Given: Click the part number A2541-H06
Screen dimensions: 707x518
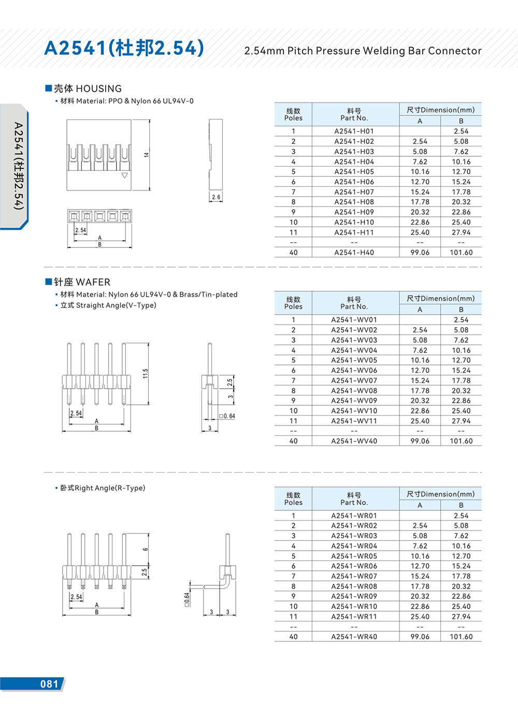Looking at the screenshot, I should pyautogui.click(x=354, y=182).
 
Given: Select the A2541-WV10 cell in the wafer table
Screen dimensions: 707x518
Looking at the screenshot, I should pyautogui.click(x=354, y=411).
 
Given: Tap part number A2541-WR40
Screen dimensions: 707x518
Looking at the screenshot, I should pyautogui.click(x=354, y=637).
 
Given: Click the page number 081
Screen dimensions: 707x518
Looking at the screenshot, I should pyautogui.click(x=49, y=684).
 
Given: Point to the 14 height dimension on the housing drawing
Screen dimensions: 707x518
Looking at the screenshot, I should pyautogui.click(x=147, y=155).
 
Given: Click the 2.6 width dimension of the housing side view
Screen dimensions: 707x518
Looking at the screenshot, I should pyautogui.click(x=216, y=197).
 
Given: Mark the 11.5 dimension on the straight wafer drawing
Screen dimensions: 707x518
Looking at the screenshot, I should pyautogui.click(x=146, y=373).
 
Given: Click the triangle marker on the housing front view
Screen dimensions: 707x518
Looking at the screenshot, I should pyautogui.click(x=124, y=176).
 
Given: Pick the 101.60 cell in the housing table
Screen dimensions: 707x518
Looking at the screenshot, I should pyautogui.click(x=461, y=253).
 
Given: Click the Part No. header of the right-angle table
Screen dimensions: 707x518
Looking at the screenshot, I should pyautogui.click(x=354, y=503).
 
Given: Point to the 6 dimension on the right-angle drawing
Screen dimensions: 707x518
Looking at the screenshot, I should pyautogui.click(x=146, y=549).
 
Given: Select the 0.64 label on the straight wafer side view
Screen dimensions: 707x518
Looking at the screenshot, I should pyautogui.click(x=229, y=416).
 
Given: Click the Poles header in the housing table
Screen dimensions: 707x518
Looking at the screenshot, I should pyautogui.click(x=293, y=118).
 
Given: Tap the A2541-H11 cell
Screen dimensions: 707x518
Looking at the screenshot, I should pyautogui.click(x=354, y=232).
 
